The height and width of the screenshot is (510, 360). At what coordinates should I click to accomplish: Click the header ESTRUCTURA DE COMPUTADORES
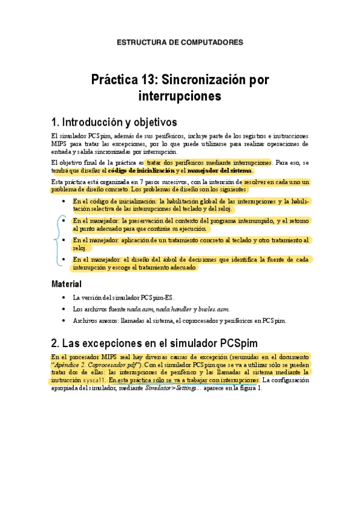pos(180,43)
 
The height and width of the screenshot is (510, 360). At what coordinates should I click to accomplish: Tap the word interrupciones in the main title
pos(180,96)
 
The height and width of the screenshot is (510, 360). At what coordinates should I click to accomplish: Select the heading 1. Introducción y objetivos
pos(114,122)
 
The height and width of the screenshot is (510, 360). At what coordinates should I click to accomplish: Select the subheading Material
pos(66,283)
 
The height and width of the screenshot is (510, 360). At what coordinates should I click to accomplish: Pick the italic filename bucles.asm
pos(215,309)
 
